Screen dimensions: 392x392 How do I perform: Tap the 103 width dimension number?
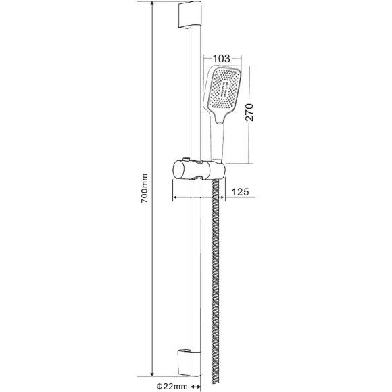(x=221, y=59)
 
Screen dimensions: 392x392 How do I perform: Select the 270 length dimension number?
(x=249, y=112)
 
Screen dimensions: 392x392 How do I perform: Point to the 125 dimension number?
(x=240, y=192)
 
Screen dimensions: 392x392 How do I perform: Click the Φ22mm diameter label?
(x=172, y=386)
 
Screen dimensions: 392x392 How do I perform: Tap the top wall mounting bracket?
(x=190, y=14)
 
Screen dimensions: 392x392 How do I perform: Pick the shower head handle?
(x=217, y=140)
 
